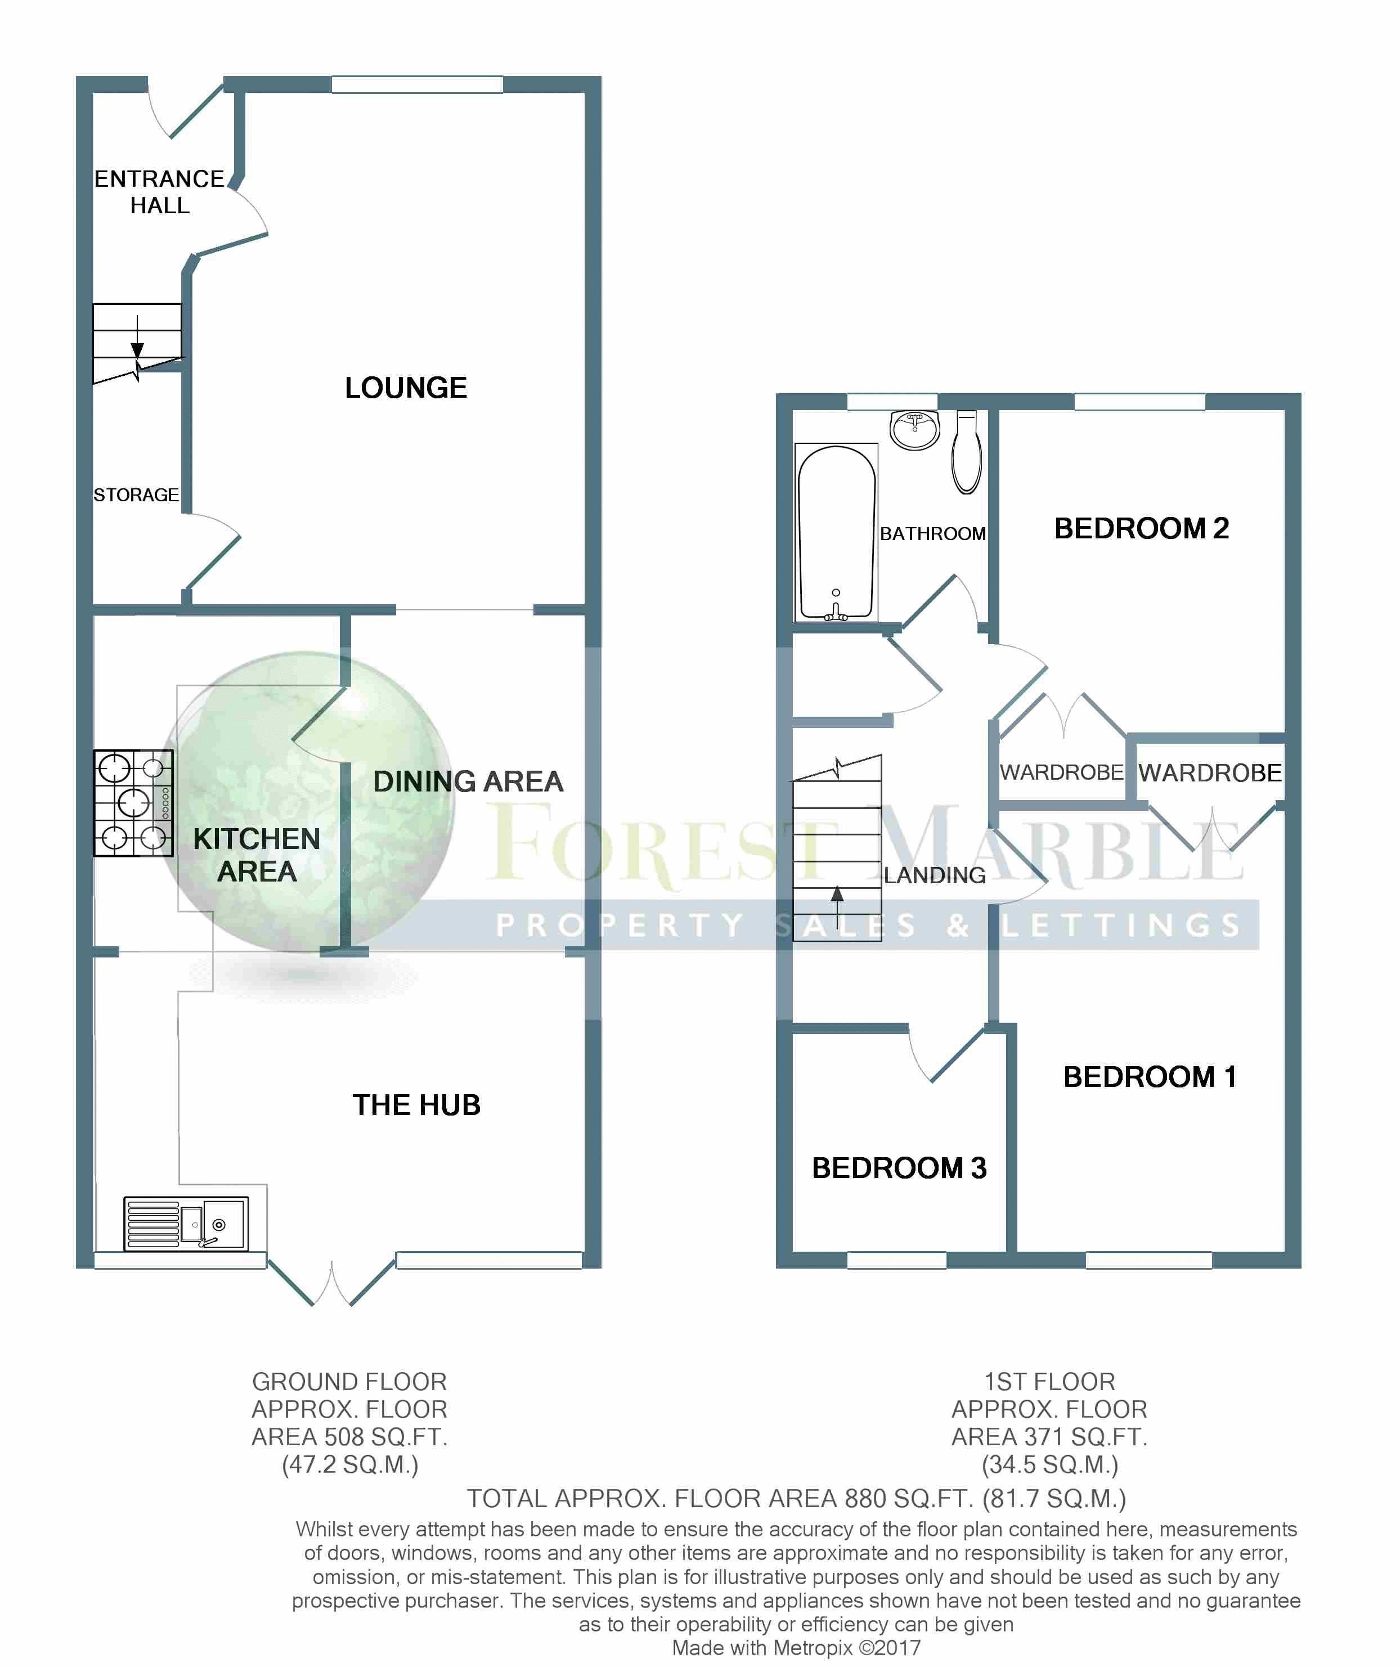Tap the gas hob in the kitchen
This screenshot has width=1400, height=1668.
133,803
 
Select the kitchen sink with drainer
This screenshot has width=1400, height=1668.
186,1223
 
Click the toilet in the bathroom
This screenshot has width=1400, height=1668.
966,451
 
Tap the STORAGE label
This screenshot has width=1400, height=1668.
136,495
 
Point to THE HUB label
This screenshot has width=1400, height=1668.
416,1105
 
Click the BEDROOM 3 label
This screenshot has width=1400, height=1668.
899,1168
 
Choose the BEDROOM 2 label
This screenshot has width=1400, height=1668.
1141,528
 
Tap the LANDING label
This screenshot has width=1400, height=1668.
935,875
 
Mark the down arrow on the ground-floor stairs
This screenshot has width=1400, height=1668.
137,337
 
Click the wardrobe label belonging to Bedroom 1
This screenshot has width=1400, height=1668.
1209,773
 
